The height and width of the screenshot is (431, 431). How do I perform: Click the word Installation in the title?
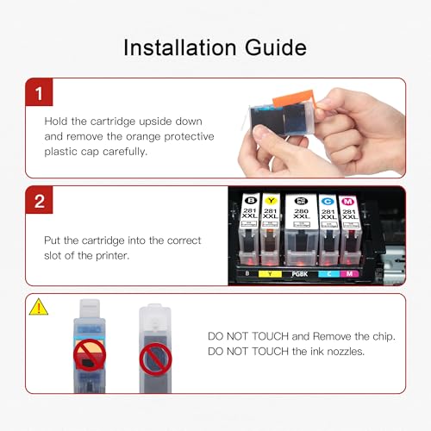click(x=180, y=47)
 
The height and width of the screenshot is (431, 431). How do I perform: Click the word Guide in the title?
click(x=276, y=47)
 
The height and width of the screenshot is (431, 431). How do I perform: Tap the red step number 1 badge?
click(x=39, y=92)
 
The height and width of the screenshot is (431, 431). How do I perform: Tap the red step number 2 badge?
click(x=39, y=200)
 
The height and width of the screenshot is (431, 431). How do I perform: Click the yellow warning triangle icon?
click(x=39, y=307)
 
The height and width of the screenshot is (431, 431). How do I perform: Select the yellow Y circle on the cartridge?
click(x=271, y=201)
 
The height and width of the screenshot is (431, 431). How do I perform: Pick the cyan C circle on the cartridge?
click(x=328, y=202)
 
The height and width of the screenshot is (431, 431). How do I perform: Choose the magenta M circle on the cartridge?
click(x=347, y=202)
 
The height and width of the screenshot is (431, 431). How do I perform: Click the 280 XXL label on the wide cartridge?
click(x=301, y=214)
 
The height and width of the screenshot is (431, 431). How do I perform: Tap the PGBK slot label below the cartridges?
click(x=300, y=274)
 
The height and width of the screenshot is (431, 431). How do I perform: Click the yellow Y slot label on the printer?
click(x=270, y=273)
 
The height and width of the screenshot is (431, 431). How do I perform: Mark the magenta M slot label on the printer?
click(x=349, y=273)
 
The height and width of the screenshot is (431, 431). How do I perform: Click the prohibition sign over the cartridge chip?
click(x=90, y=355)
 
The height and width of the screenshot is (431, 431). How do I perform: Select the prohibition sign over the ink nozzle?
click(x=155, y=359)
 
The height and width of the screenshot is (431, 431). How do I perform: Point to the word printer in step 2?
click(x=112, y=255)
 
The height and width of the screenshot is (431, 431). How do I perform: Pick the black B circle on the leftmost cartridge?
click(x=251, y=200)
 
